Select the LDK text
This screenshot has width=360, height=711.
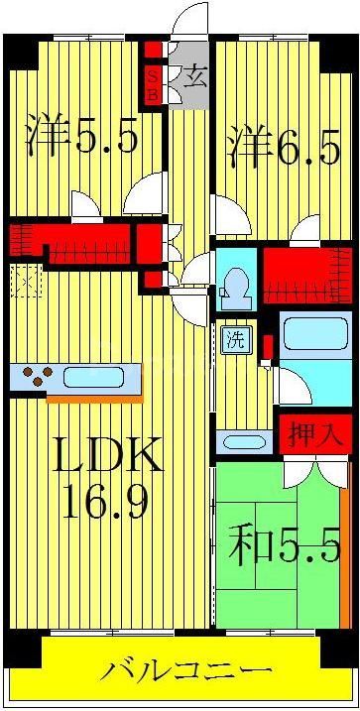(x=106, y=458)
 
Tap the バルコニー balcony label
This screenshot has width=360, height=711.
(x=185, y=671)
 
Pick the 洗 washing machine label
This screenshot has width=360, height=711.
(x=236, y=339)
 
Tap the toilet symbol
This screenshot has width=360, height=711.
(x=235, y=284)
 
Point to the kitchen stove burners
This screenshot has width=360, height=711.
(x=37, y=378)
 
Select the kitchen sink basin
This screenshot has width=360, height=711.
(x=94, y=378)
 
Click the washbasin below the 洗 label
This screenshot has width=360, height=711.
(x=240, y=441)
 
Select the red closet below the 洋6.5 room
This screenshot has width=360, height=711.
(x=306, y=277)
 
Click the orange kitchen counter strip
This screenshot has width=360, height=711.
(x=94, y=399)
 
